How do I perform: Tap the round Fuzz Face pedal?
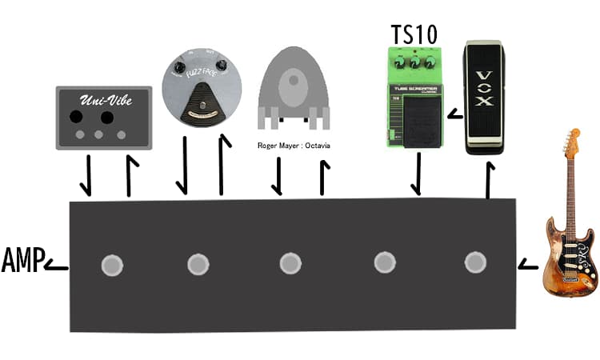point(202,87)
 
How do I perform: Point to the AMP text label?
point(21,262)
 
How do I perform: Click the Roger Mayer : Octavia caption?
point(294,146)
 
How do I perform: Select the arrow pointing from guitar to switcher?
point(527,263)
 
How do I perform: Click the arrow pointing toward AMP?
point(56,266)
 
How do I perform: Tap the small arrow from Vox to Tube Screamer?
point(454,115)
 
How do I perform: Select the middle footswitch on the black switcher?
point(291,263)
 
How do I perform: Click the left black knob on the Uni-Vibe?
point(78,118)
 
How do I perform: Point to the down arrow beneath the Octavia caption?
point(278,176)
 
